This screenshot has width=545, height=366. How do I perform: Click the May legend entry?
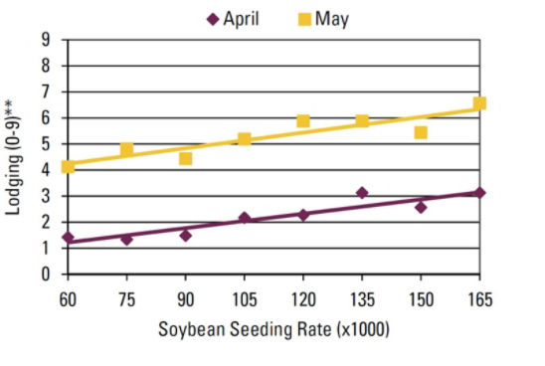(x=322, y=19)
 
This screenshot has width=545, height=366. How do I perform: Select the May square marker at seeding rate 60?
(x=68, y=167)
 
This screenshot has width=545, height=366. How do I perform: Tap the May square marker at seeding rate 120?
(x=303, y=121)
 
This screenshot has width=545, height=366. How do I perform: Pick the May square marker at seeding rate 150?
(x=421, y=132)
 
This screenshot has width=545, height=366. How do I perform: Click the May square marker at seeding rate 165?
(x=479, y=103)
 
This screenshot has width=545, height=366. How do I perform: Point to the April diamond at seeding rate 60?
(x=68, y=238)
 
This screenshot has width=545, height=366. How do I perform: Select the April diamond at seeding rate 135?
(x=362, y=193)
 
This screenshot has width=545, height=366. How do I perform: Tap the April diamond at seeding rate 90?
(x=185, y=236)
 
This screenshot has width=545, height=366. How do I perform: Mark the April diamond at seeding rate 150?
(x=421, y=207)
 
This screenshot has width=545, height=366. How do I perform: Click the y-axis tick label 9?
(x=46, y=40)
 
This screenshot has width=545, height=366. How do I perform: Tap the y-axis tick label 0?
(x=46, y=274)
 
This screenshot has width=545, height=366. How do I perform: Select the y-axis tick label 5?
(x=46, y=144)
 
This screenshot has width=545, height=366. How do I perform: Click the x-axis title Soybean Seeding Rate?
(x=274, y=329)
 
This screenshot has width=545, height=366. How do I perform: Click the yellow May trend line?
(x=273, y=136)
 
